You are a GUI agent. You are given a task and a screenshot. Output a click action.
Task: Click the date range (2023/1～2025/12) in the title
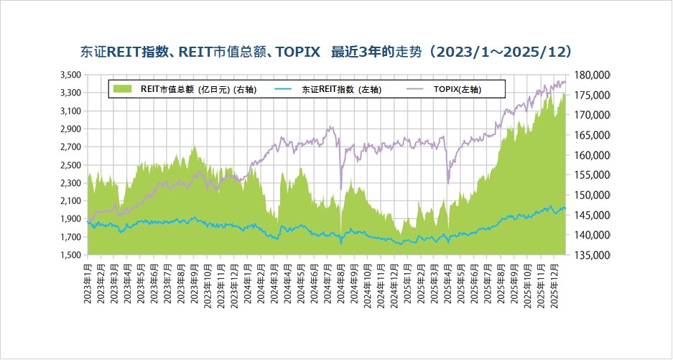click(x=503, y=52)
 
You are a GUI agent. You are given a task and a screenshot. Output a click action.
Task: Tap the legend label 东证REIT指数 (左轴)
click(x=341, y=90)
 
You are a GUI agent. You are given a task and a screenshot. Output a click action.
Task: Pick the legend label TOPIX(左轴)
click(x=458, y=90)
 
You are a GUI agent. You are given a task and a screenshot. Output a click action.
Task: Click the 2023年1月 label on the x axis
click(x=88, y=283)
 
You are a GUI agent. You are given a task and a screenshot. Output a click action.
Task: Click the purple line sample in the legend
click(x=416, y=89)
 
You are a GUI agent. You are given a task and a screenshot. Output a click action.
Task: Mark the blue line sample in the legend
click(x=283, y=89)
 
